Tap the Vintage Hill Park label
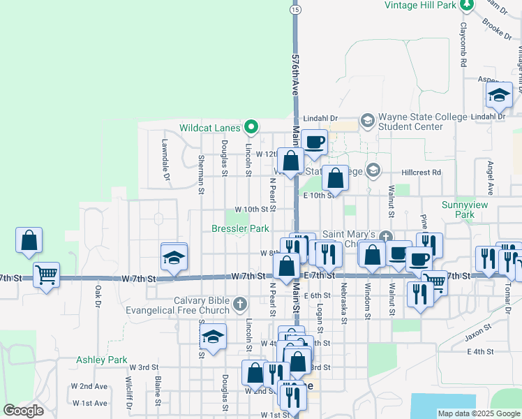[421, 5]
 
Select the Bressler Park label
[240, 228]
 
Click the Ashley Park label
[102, 360]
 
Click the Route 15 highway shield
[295, 10]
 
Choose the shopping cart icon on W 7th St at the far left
[46, 274]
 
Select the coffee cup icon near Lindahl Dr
[314, 141]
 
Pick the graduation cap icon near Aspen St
[499, 94]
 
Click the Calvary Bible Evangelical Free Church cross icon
[239, 304]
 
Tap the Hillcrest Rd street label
[422, 172]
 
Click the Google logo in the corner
[23, 411]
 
